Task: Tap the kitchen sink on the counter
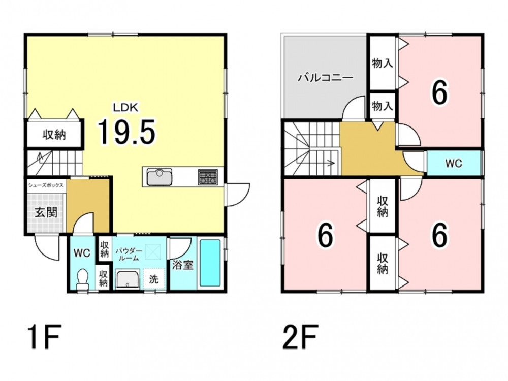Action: coord(160,177)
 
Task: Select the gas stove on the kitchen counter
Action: coord(208,177)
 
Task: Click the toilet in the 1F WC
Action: coord(82,279)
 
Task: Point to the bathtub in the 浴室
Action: coord(210,263)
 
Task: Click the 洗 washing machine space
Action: coord(154,279)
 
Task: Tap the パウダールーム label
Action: coord(129,255)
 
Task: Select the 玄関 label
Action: coord(46,212)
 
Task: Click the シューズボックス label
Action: coord(46,185)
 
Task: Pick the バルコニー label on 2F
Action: coord(325,78)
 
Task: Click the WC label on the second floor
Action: coord(454,164)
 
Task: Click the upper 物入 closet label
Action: coord(383,63)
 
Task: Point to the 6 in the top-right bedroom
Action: coord(439,92)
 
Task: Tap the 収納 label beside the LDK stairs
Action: coord(54,135)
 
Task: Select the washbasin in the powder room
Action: coord(128,279)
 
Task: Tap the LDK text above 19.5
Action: coord(125,107)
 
